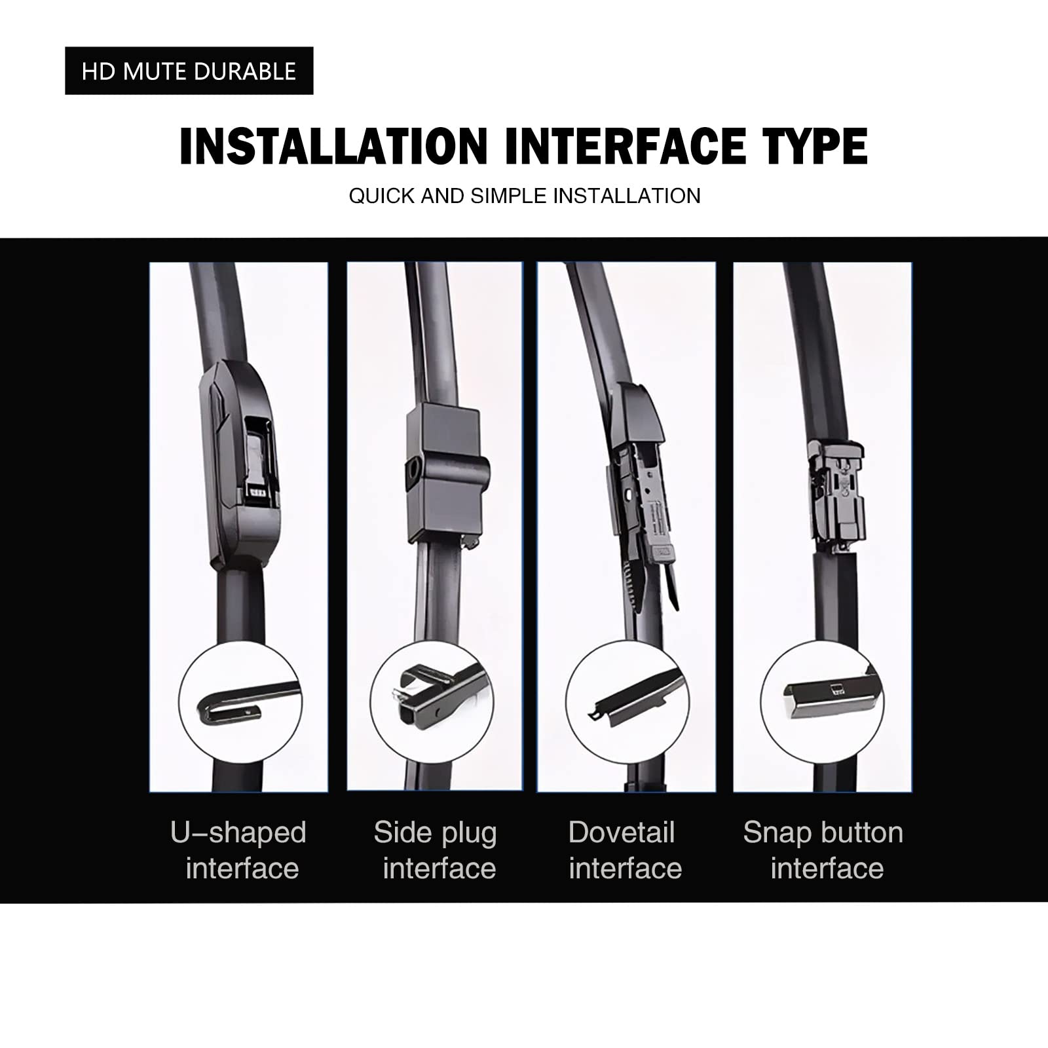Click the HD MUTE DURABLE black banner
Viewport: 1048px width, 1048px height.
[189, 71]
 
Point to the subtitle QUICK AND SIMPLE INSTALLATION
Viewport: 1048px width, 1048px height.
[524, 196]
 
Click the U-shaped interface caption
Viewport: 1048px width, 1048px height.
[239, 850]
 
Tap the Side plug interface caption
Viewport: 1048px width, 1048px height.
[436, 850]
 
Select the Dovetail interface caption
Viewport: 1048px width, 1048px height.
[624, 850]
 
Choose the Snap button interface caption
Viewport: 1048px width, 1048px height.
[824, 850]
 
